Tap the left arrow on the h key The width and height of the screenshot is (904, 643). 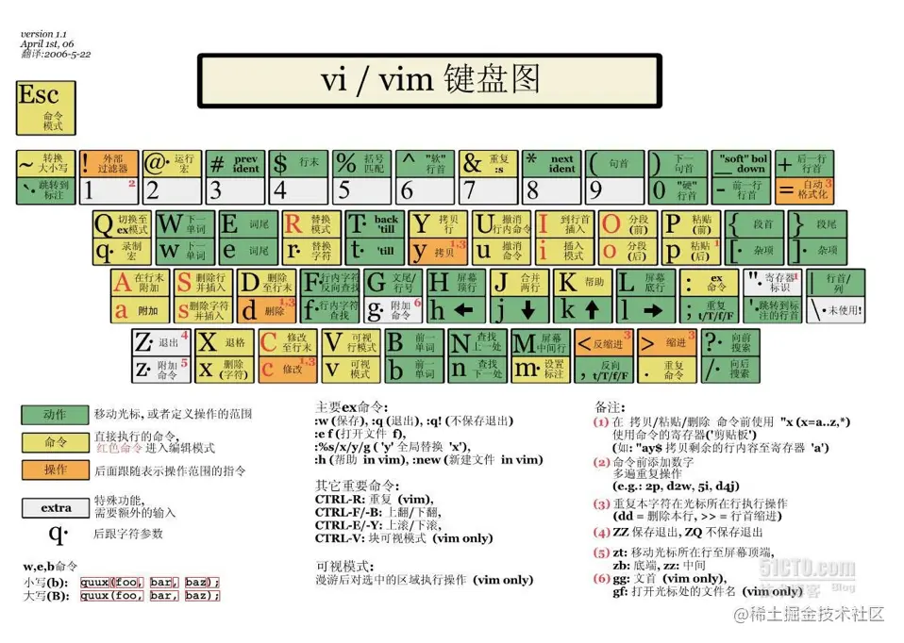[x=462, y=308]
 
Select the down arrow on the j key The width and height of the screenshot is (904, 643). [x=527, y=308]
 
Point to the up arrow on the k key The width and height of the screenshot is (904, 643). [x=592, y=308]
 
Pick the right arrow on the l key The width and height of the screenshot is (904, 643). [x=655, y=308]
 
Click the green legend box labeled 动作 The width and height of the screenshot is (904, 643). [x=56, y=413]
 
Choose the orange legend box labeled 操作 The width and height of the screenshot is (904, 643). [x=56, y=469]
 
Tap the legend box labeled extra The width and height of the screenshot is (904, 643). [x=56, y=507]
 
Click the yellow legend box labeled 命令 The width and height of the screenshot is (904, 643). [x=56, y=441]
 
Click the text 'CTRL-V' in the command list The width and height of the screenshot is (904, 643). [x=337, y=537]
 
